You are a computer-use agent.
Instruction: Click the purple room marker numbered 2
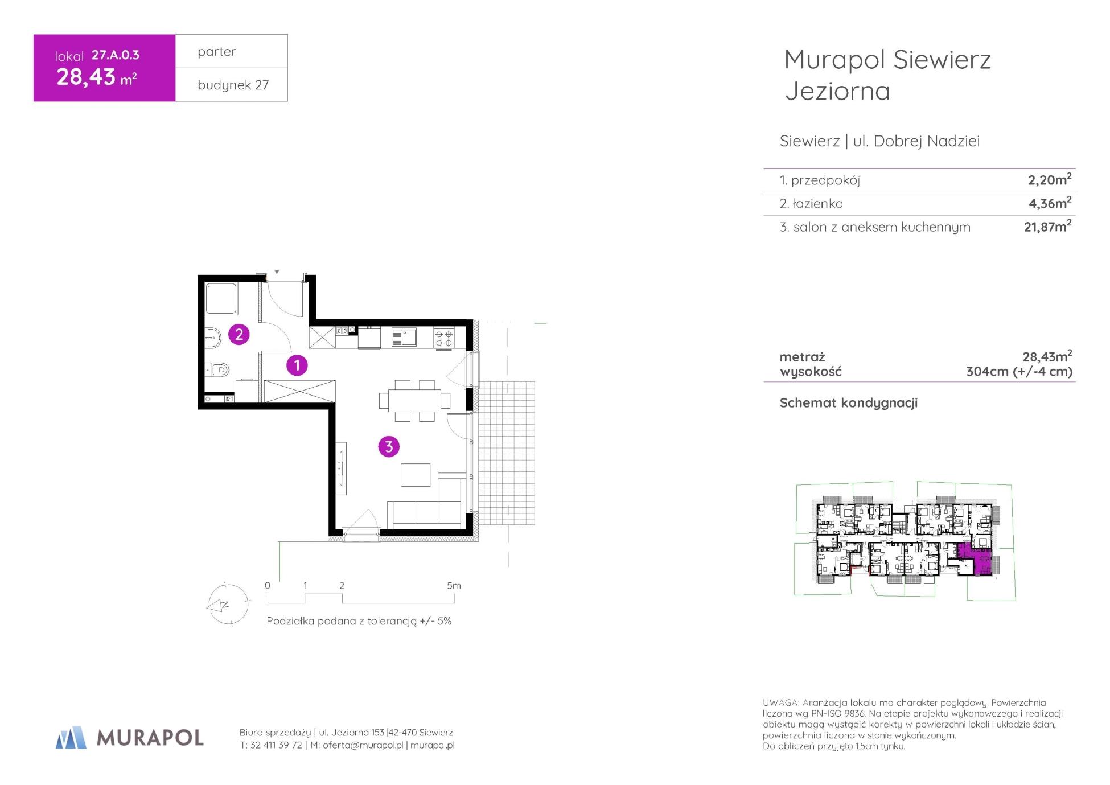tap(239, 334)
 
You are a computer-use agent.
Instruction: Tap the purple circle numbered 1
tap(297, 365)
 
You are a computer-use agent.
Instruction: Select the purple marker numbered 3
tap(389, 447)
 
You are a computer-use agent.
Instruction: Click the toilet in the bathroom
tap(217, 370)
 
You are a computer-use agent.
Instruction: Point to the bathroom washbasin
tap(212, 338)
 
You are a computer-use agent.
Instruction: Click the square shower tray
tap(221, 298)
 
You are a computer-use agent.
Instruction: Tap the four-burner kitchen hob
tap(444, 338)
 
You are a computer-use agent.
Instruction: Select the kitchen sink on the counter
tap(404, 337)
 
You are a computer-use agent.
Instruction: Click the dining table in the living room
tap(414, 401)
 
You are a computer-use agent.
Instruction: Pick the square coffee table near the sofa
tap(415, 474)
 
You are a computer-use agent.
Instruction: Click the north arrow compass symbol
tap(227, 605)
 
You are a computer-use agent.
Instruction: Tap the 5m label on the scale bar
tap(454, 585)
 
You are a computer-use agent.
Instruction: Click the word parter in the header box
tap(216, 52)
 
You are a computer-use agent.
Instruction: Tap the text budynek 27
tap(233, 85)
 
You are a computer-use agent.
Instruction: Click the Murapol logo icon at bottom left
tap(71, 737)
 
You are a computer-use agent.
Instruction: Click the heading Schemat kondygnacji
tap(848, 403)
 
